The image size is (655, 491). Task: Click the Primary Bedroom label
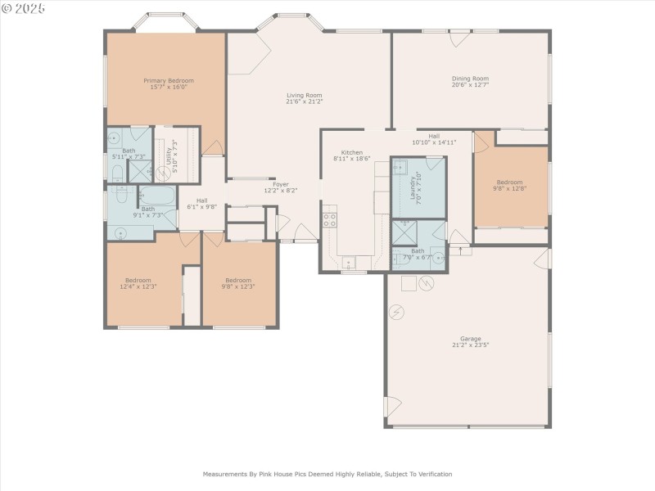169,81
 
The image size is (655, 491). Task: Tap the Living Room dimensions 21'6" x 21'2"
305,102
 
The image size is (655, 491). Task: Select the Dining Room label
470,79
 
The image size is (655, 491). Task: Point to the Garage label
470,339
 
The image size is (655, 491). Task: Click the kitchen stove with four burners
329,219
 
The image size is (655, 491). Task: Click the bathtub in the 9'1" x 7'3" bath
157,197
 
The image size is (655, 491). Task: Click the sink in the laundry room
400,168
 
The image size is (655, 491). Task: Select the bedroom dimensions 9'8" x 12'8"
508,188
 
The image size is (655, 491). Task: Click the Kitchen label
352,153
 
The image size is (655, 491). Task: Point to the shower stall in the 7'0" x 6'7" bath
405,232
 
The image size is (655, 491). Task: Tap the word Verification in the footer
431,474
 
